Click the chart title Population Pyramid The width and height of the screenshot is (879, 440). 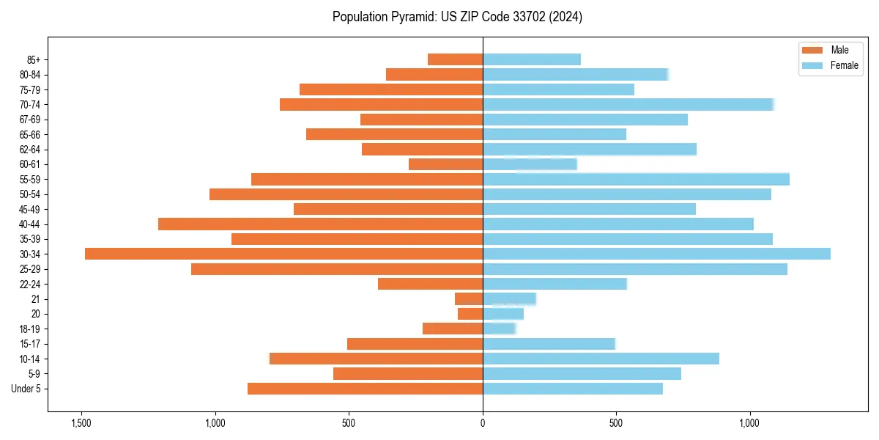[457, 17]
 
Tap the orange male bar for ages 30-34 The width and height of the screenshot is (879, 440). [283, 254]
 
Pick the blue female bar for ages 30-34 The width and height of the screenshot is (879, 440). [656, 254]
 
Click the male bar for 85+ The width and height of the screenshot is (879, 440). [455, 59]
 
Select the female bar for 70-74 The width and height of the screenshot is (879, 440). [628, 104]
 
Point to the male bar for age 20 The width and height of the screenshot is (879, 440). [470, 314]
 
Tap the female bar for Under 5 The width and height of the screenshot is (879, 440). [572, 389]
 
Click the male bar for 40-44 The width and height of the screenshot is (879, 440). [320, 224]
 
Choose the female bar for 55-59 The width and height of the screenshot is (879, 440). [636, 179]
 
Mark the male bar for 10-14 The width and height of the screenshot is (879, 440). [376, 359]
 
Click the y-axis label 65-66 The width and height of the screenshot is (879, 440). [30, 134]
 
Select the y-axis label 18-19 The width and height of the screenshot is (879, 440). [30, 329]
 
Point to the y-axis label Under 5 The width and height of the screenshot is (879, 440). [26, 389]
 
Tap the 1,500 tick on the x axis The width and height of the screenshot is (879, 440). [81, 423]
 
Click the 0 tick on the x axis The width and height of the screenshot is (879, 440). [483, 423]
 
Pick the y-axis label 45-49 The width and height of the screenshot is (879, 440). [30, 209]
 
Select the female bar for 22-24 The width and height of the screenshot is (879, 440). [555, 284]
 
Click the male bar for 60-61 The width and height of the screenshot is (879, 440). [445, 164]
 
